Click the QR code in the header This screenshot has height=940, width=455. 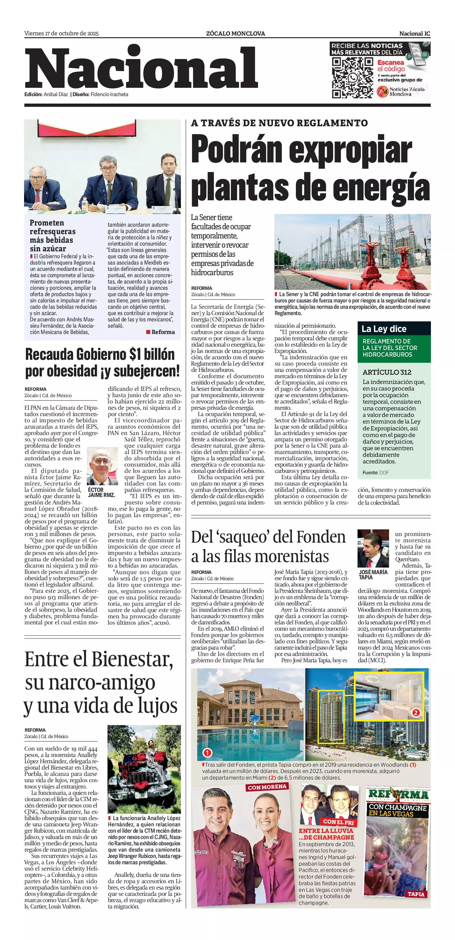pos(352,78)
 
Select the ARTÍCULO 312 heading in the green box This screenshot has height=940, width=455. pos(387,372)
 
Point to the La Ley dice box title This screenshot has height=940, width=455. pos(384,329)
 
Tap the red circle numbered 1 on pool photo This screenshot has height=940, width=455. pos(207,752)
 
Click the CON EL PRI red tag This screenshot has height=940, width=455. pos(338,822)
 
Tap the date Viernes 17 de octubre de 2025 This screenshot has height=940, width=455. pos(62,34)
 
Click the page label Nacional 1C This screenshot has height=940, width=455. pos(415,34)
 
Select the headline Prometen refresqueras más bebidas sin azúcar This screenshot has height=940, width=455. pos(53,236)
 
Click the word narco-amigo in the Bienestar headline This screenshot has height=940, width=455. pos(90,682)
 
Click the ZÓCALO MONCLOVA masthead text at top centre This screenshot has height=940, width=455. pos(235,34)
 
